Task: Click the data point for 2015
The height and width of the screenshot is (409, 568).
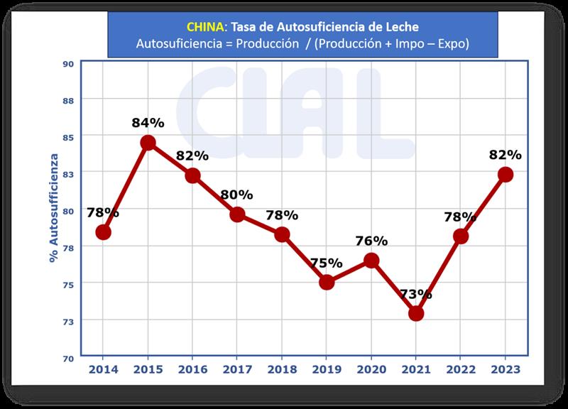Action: pyautogui.click(x=148, y=143)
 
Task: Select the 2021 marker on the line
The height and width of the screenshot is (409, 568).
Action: pyautogui.click(x=416, y=313)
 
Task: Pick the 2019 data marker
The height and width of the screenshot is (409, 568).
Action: pyautogui.click(x=327, y=282)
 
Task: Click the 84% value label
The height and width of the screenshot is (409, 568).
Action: pyautogui.click(x=148, y=123)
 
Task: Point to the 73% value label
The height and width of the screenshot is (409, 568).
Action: pyautogui.click(x=416, y=293)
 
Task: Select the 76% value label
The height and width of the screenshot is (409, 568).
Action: pyautogui.click(x=371, y=241)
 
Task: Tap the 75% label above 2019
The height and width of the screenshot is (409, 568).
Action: pyautogui.click(x=327, y=263)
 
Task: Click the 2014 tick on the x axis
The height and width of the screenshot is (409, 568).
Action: pyautogui.click(x=103, y=370)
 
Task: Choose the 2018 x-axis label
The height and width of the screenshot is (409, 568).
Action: pyautogui.click(x=282, y=370)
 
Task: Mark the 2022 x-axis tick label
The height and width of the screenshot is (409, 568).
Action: pyautogui.click(x=461, y=370)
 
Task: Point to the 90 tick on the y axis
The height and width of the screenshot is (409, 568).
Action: pyautogui.click(x=69, y=63)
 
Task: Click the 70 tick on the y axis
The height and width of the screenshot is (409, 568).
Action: pyautogui.click(x=69, y=359)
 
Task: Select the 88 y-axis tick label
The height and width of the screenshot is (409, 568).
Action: pyautogui.click(x=69, y=100)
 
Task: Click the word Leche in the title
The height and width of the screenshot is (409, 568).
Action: pyautogui.click(x=402, y=26)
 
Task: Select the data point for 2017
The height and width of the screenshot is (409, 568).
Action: pyautogui.click(x=237, y=214)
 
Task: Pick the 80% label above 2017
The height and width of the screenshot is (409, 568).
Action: pyautogui.click(x=237, y=194)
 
